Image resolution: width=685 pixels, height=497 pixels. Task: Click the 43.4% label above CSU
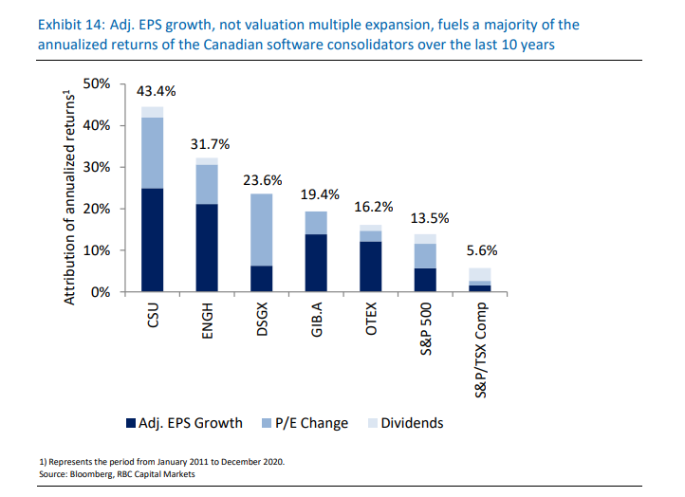(x=162, y=92)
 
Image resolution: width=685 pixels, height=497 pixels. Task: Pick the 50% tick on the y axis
(x=98, y=84)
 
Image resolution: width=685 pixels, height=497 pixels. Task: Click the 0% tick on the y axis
(x=102, y=292)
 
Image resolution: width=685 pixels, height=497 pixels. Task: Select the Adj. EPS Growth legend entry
(x=184, y=423)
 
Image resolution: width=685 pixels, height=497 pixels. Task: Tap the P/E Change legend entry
(x=305, y=423)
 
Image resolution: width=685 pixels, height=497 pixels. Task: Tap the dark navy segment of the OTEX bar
(x=372, y=267)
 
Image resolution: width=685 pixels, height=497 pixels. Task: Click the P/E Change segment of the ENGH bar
(x=207, y=184)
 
